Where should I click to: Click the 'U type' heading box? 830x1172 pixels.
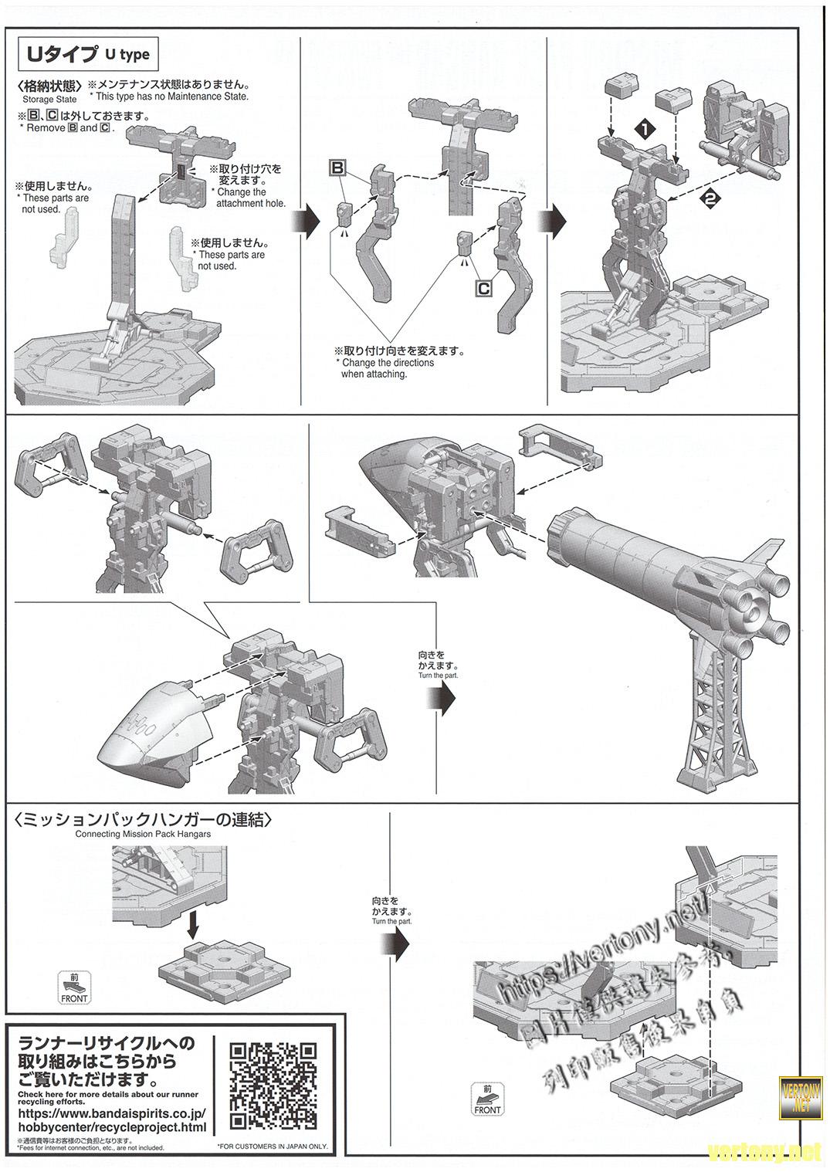pyautogui.click(x=88, y=55)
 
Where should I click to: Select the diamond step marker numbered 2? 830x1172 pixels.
pyautogui.click(x=710, y=198)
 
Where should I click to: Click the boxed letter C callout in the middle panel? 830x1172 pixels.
pyautogui.click(x=484, y=288)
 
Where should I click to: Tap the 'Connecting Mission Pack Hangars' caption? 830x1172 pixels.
pyautogui.click(x=143, y=834)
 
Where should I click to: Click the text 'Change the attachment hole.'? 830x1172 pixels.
pyautogui.click(x=251, y=198)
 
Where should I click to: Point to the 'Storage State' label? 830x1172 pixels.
pyautogui.click(x=49, y=100)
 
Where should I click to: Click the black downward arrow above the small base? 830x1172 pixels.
pyautogui.click(x=193, y=922)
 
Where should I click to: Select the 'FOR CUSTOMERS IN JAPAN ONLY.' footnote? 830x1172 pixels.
pyautogui.click(x=273, y=1147)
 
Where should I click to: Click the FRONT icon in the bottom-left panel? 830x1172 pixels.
pyautogui.click(x=74, y=987)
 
